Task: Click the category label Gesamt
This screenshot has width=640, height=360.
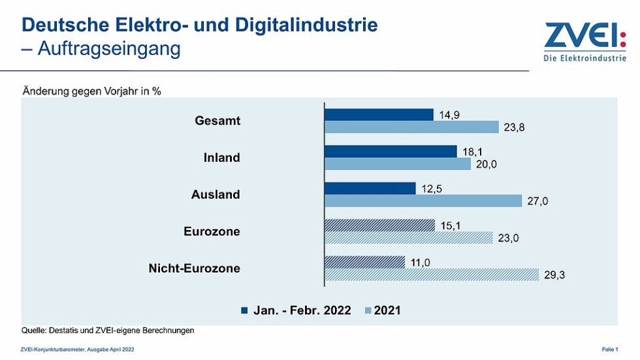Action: click(x=217, y=121)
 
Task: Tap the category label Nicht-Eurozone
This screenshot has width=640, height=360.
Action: click(x=194, y=269)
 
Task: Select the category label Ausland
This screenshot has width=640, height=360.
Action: click(x=216, y=195)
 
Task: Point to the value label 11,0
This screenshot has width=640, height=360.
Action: click(x=422, y=263)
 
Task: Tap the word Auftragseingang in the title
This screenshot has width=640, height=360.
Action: click(x=109, y=49)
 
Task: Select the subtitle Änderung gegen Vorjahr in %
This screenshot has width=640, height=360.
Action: click(x=92, y=91)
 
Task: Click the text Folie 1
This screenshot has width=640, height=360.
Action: click(x=609, y=350)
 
